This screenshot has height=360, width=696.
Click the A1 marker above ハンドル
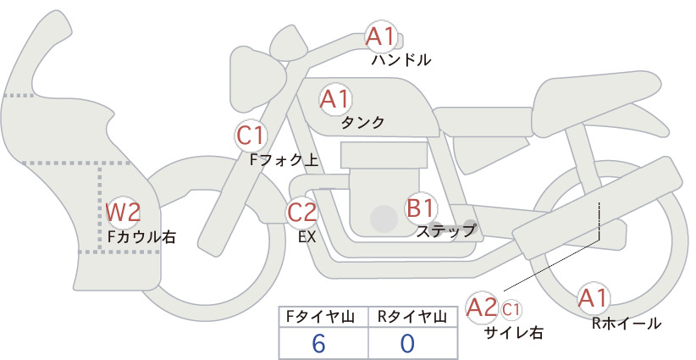click(381, 36)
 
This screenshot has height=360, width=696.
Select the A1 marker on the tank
click(335, 99)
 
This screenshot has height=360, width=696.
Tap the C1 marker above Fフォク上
click(251, 136)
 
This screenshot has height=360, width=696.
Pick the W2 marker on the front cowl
click(124, 212)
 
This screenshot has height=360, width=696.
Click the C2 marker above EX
click(301, 212)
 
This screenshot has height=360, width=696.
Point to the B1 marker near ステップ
click(420, 208)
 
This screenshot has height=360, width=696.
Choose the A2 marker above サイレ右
click(482, 307)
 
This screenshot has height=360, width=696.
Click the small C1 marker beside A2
click(511, 309)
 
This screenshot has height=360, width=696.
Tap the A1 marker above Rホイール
click(593, 298)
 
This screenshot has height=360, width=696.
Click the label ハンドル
click(401, 59)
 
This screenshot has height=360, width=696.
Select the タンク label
click(362, 123)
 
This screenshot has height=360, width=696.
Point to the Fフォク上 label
click(284, 160)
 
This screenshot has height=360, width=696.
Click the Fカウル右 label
click(141, 236)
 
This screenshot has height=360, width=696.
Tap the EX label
click(307, 236)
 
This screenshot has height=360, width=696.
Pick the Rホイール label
click(627, 324)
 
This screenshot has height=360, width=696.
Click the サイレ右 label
click(513, 333)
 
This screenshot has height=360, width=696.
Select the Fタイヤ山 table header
click(320, 317)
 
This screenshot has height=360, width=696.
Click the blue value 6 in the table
click(319, 344)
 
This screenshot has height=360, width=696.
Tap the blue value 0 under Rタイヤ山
click(407, 344)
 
